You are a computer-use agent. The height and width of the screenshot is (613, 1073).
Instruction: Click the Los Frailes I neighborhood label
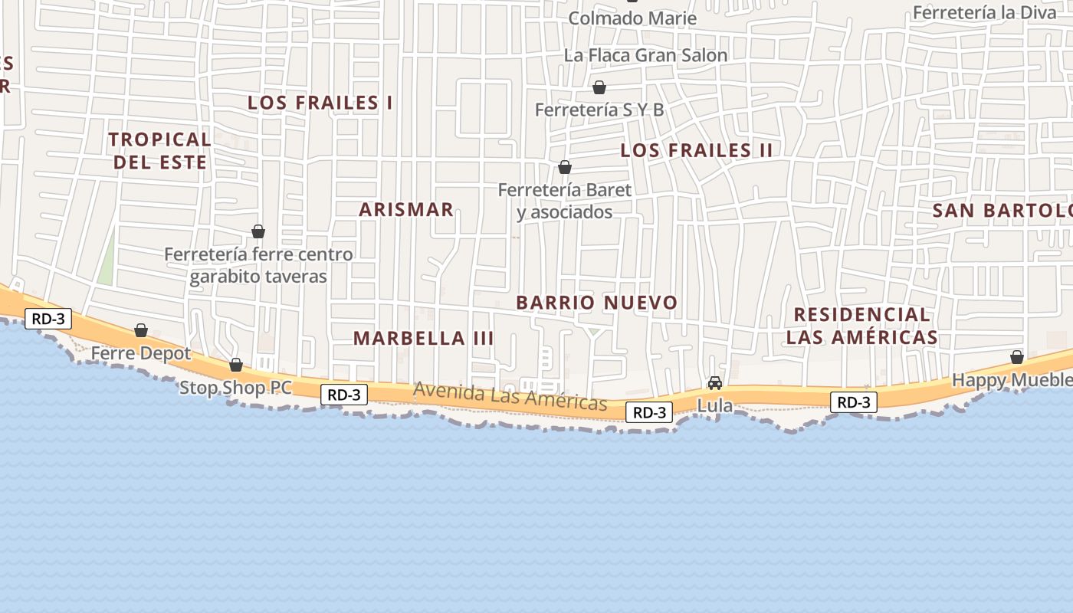click(x=320, y=103)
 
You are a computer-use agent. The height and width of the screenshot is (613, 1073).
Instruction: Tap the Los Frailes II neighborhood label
click(x=696, y=150)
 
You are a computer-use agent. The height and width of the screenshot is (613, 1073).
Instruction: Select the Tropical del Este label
click(x=159, y=150)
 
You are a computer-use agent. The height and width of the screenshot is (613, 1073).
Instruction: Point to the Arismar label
click(x=406, y=209)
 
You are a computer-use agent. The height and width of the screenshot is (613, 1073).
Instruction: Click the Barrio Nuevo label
click(x=597, y=303)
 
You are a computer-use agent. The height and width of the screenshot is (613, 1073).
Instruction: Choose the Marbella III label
click(x=423, y=338)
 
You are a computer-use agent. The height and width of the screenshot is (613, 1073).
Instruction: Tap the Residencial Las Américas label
click(x=862, y=326)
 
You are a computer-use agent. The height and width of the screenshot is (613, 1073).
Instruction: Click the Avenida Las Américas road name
click(x=510, y=396)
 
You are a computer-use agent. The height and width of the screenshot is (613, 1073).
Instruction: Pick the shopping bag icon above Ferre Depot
click(x=141, y=330)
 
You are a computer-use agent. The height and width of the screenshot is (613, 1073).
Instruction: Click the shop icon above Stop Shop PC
click(x=236, y=365)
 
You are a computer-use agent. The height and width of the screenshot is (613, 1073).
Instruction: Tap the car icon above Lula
click(x=715, y=382)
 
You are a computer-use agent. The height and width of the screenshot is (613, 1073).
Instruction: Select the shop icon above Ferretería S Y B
click(x=599, y=87)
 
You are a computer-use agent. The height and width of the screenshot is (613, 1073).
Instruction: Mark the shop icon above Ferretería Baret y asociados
click(x=565, y=167)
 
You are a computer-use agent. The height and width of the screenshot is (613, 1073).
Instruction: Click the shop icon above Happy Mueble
click(x=1017, y=357)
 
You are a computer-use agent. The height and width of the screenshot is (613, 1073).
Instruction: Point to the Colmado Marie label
click(x=632, y=18)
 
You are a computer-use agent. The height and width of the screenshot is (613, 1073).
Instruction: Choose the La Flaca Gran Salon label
click(x=645, y=55)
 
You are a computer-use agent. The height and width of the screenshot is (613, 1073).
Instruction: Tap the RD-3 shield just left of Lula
click(x=650, y=412)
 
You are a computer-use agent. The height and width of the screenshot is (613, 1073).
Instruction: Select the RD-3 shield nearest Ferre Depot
click(x=48, y=319)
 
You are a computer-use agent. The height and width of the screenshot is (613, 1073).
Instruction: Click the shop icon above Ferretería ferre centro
click(x=258, y=231)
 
